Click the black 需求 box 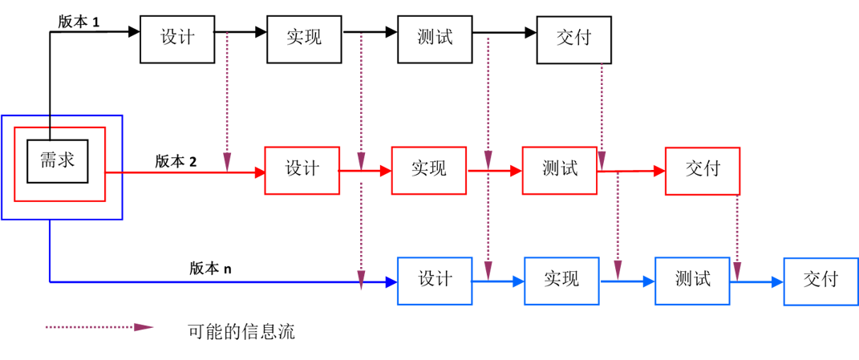[x=58, y=161]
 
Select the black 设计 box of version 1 [x=177, y=38]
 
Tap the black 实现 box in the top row [x=305, y=38]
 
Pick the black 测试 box [x=435, y=38]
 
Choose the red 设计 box [x=302, y=170]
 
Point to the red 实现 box [x=428, y=170]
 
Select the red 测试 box [x=559, y=170]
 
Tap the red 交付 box [x=702, y=171]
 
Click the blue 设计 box [x=435, y=281]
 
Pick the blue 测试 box [x=692, y=281]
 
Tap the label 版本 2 [x=176, y=161]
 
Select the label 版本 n [x=210, y=269]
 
